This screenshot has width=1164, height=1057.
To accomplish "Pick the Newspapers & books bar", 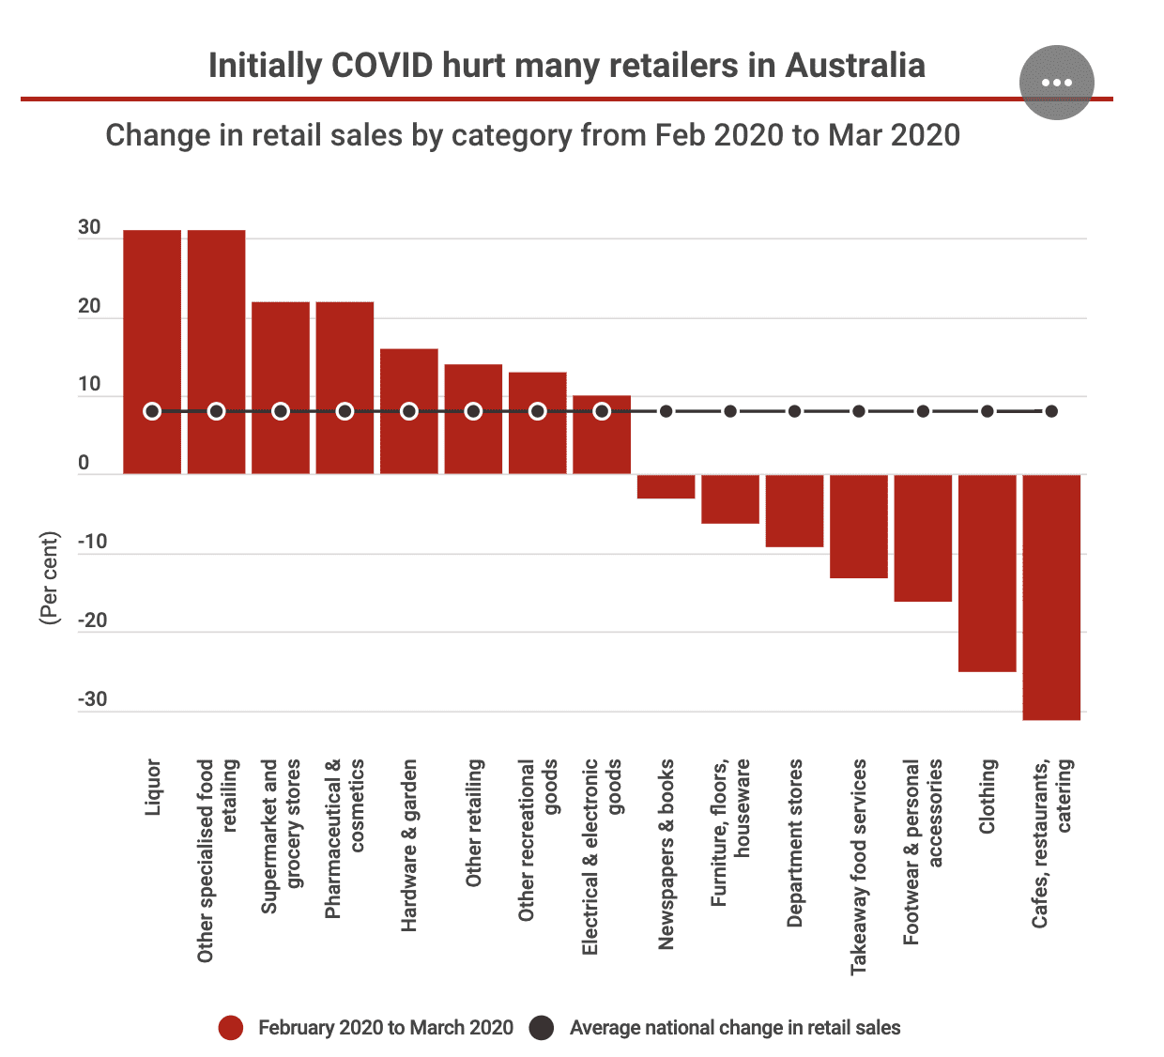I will coord(666,486).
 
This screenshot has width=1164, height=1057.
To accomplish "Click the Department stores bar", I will coord(794,511).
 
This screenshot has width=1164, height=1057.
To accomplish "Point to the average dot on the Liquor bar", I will coord(152,411).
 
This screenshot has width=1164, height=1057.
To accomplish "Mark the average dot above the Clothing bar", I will coord(988,411).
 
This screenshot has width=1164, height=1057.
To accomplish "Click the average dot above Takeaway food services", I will coord(859,411).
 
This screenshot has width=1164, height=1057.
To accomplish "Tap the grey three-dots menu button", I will coord(1056,83).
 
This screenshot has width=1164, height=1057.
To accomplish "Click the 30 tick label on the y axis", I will coord(89,228).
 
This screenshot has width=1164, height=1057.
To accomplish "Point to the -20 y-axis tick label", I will coord(92,620).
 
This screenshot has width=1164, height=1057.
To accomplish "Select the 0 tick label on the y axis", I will coord(84,464).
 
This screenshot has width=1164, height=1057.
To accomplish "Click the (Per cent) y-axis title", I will coord(50,577).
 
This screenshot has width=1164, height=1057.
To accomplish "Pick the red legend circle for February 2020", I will coord(230,1028).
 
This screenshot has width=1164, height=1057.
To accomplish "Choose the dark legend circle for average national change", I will coord(542,1028).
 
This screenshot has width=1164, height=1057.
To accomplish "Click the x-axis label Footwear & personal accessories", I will coord(923,851).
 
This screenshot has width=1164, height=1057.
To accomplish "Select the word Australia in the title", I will coord(855,66).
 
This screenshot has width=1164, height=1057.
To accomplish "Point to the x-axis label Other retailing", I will coord(474,822).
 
